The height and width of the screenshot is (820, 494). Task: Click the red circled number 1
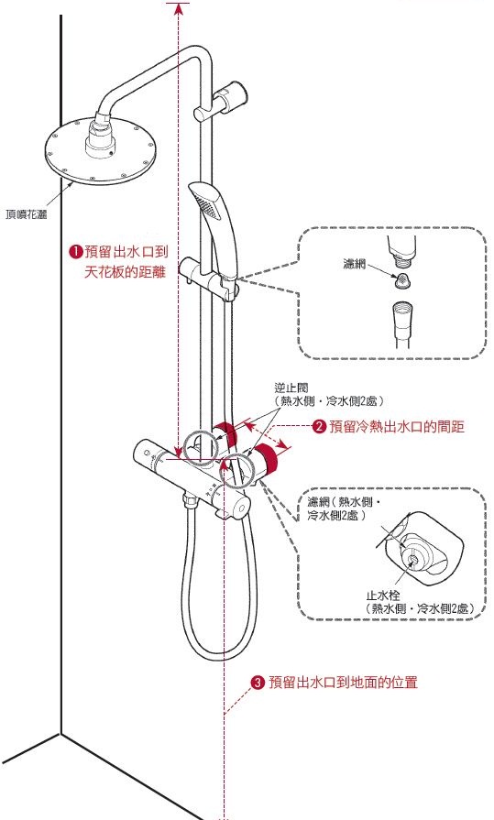point(76,252)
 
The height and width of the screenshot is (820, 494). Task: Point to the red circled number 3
point(258,683)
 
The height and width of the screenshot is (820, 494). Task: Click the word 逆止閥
point(288,388)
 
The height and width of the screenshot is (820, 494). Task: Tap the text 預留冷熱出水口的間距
point(398,426)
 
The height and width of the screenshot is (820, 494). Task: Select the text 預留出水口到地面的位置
point(348,683)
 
